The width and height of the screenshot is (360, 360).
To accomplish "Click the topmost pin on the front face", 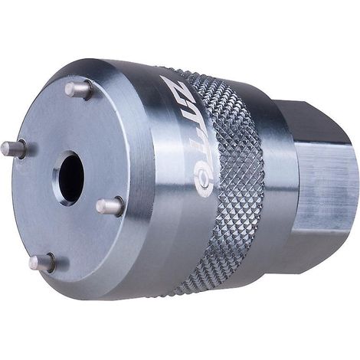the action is click(78, 89).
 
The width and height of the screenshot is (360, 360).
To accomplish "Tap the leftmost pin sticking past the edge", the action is click(13, 149).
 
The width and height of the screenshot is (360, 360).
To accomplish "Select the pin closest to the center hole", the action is click(110, 206).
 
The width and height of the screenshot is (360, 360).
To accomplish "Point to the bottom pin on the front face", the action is click(42, 263).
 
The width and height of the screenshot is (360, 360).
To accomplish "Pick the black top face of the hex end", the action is click(312, 121).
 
